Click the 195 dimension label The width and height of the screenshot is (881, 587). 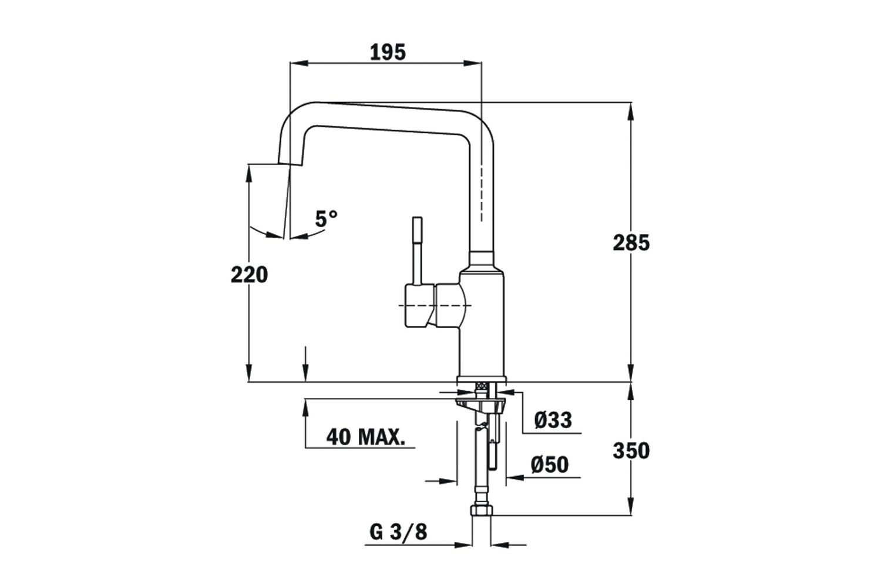[x=388, y=52]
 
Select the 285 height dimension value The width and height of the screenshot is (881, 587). [x=631, y=242]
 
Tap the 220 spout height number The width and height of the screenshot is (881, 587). [x=249, y=274]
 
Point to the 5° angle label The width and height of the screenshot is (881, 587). [x=327, y=219]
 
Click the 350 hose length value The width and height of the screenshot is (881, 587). [x=631, y=451]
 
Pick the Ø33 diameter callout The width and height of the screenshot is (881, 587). [x=553, y=420]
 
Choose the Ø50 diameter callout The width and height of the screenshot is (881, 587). [x=550, y=464]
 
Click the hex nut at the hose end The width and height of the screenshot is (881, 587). [x=482, y=510]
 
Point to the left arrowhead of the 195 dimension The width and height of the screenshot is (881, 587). [x=297, y=63]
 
